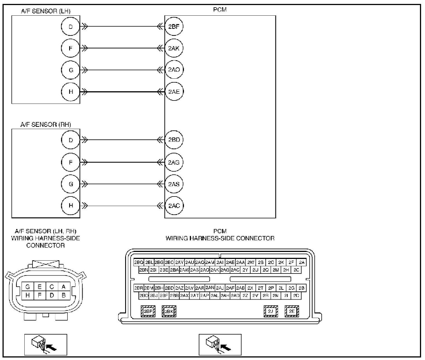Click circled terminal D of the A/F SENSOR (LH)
point(71,27)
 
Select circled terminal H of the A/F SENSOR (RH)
point(71,205)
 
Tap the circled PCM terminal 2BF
point(174,27)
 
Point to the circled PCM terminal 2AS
point(174,184)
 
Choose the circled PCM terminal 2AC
point(174,206)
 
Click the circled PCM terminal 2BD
point(174,140)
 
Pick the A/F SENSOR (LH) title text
point(46,11)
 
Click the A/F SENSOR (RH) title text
point(46,125)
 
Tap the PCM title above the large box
point(220,10)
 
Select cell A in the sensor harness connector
point(64,287)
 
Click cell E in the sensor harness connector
point(39,287)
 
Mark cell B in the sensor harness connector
point(64,295)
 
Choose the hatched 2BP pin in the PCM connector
point(148,311)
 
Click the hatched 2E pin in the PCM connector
point(292,311)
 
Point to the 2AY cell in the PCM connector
point(179,263)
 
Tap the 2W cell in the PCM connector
point(251,263)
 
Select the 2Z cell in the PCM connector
point(245,295)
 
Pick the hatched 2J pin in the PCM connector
point(271,311)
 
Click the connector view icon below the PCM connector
point(220,345)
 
